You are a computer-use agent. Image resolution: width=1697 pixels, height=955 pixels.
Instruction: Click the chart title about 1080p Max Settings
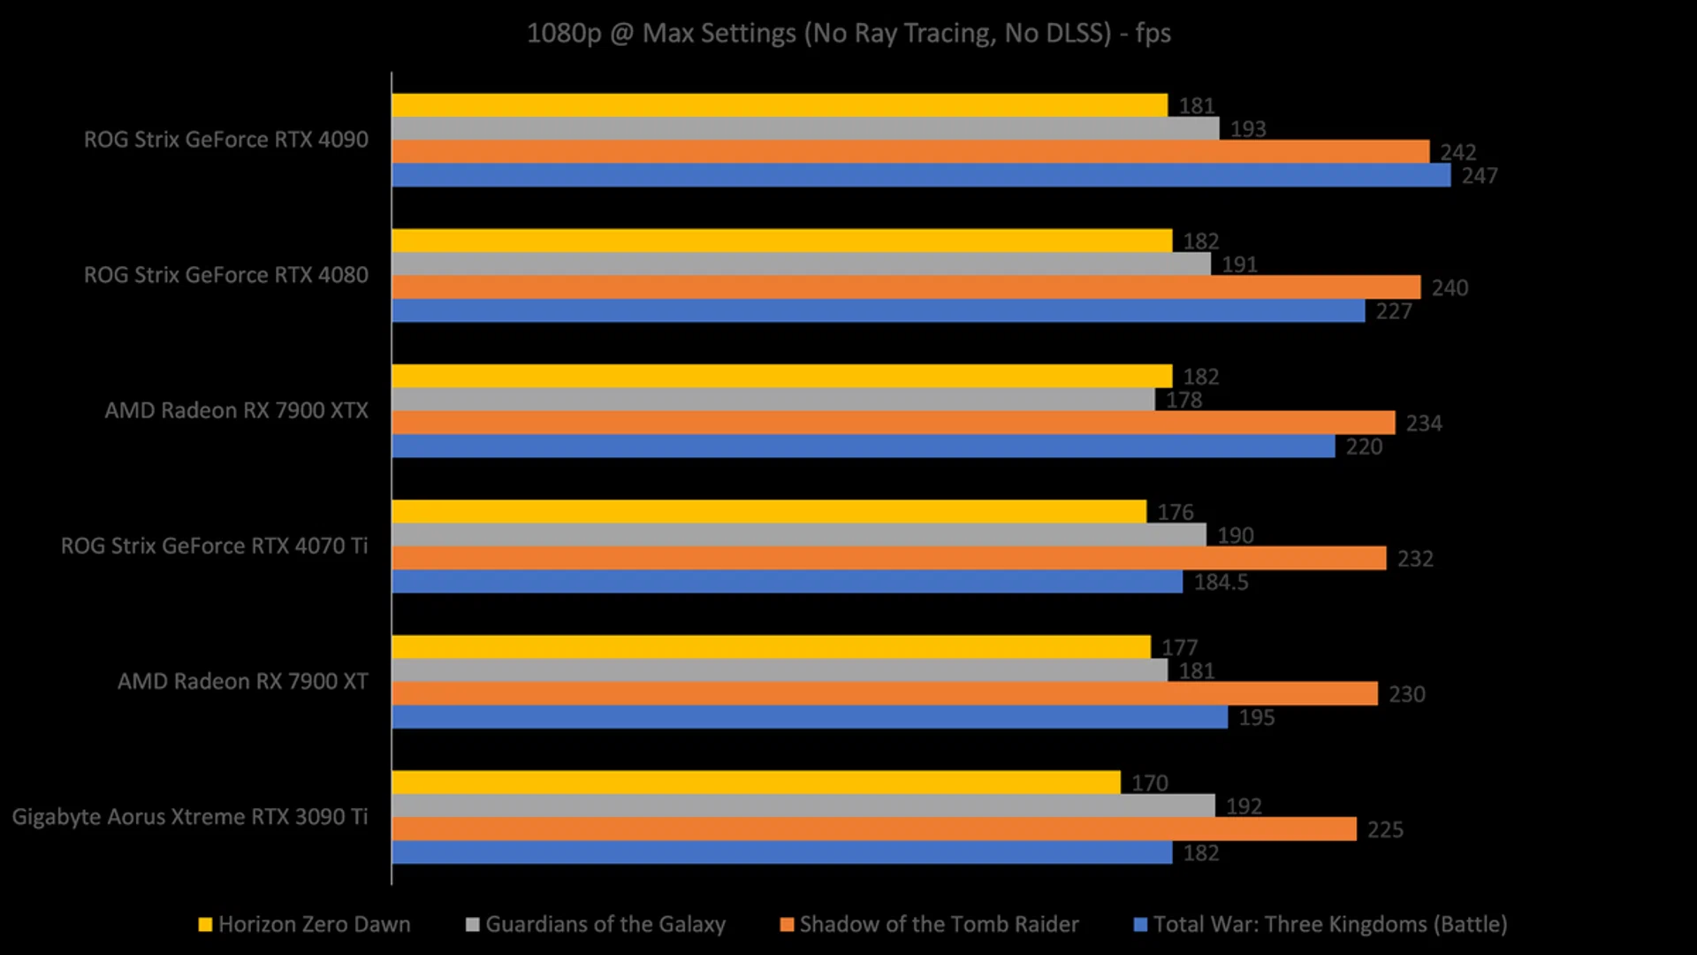click(848, 34)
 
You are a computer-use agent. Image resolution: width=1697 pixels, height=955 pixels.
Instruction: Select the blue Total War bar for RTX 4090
click(919, 175)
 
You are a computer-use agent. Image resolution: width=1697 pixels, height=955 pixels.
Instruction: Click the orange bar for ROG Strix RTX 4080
click(906, 287)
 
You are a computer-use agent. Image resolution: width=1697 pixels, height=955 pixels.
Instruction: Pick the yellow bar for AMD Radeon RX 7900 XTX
click(781, 376)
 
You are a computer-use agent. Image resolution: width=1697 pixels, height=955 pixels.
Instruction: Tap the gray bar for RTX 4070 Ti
click(798, 535)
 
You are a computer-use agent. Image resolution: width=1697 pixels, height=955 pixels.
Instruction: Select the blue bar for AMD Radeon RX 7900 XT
click(809, 717)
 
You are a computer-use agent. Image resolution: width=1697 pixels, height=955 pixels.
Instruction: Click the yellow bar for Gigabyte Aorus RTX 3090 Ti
click(756, 783)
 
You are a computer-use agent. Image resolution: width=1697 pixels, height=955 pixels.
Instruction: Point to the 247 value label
click(1479, 176)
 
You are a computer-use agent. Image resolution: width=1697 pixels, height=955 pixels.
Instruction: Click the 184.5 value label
click(1221, 583)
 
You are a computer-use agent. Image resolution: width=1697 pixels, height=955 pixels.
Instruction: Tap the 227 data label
click(1393, 311)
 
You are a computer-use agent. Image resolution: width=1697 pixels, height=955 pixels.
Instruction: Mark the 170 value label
click(1149, 783)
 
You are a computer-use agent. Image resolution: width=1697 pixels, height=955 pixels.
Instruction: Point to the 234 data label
click(1423, 424)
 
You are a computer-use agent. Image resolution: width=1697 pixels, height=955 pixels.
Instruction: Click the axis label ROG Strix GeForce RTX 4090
click(225, 140)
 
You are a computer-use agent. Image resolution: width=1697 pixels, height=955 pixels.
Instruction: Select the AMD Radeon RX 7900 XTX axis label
click(236, 410)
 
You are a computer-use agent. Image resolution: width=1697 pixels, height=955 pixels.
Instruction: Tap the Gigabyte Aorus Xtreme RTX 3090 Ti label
click(189, 817)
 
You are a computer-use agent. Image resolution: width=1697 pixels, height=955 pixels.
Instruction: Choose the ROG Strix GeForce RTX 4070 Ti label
click(214, 546)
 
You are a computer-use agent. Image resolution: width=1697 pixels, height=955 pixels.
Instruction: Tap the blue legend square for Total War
click(1140, 925)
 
